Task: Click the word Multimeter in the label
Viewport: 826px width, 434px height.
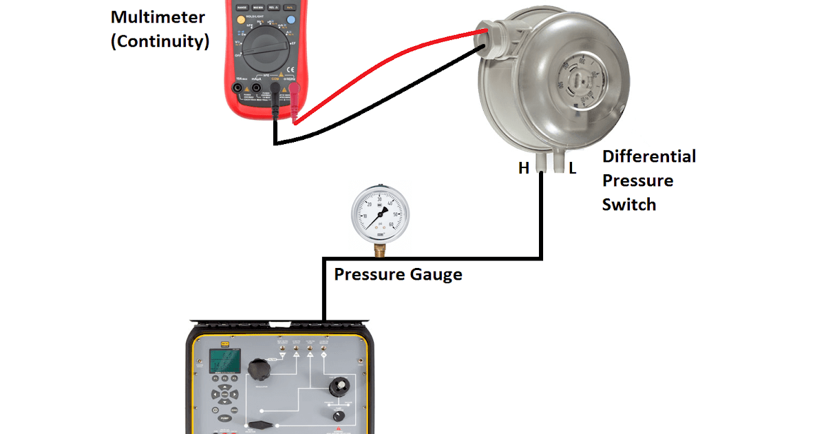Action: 158,17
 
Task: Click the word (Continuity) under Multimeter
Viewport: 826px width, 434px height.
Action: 160,41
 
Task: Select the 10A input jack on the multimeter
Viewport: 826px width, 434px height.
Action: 240,88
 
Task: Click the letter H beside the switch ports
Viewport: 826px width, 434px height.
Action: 524,167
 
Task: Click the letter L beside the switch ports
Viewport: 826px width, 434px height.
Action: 572,167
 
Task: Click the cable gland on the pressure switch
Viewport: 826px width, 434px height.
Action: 489,37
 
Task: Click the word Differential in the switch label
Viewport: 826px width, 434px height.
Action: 648,156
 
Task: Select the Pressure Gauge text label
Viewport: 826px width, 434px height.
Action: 398,275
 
